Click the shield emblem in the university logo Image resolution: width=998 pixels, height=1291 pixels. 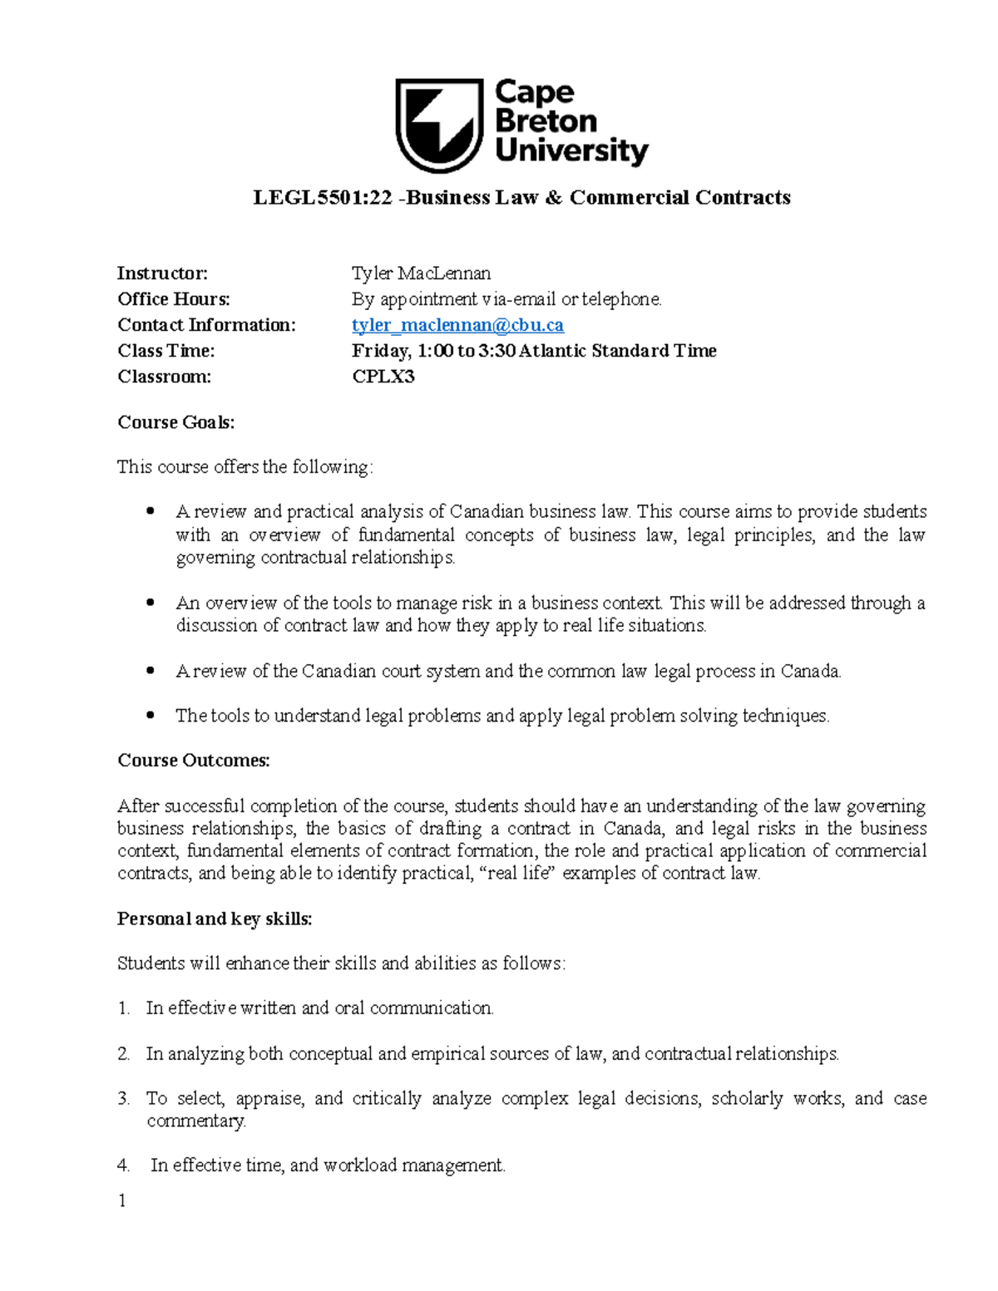pyautogui.click(x=438, y=124)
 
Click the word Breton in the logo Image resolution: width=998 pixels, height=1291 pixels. pyautogui.click(x=546, y=121)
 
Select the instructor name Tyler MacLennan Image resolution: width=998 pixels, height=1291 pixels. pyautogui.click(x=421, y=273)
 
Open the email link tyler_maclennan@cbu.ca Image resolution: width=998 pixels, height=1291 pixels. pyautogui.click(x=457, y=325)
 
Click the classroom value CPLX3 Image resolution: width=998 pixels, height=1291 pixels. pyautogui.click(x=383, y=377)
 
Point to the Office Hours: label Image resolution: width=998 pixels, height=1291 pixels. pyautogui.click(x=173, y=299)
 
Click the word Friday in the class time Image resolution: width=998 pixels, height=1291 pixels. pyautogui.click(x=380, y=351)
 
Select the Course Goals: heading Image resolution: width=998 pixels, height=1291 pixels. pyautogui.click(x=175, y=422)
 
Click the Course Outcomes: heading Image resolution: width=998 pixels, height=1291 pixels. pyautogui.click(x=193, y=761)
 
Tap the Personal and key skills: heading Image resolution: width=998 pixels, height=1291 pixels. pyautogui.click(x=214, y=919)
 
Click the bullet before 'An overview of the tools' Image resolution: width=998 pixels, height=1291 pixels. pyautogui.click(x=150, y=603)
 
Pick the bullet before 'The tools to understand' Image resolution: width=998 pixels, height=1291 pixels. pyautogui.click(x=150, y=716)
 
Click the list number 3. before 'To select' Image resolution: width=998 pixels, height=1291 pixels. pyautogui.click(x=124, y=1099)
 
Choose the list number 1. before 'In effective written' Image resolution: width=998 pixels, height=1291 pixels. pyautogui.click(x=124, y=1008)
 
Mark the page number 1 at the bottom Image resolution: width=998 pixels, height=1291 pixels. pyautogui.click(x=122, y=1200)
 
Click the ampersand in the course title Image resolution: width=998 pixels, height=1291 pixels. pyautogui.click(x=554, y=198)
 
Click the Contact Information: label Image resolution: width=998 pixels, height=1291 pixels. pyautogui.click(x=205, y=325)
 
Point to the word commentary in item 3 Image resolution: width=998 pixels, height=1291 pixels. pyautogui.click(x=196, y=1121)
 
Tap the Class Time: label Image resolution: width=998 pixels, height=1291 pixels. pyautogui.click(x=166, y=351)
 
